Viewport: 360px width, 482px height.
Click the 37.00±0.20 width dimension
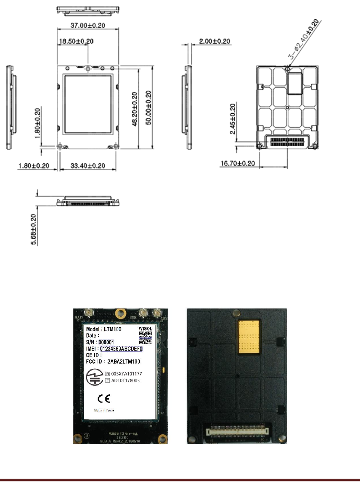click(x=88, y=26)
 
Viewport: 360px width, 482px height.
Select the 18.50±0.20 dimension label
click(x=76, y=41)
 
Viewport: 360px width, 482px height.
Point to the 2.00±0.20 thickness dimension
click(x=215, y=41)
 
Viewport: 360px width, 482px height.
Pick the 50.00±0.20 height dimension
click(x=148, y=108)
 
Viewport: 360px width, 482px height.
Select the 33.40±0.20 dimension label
click(x=88, y=166)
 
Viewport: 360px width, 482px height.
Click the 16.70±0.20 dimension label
click(x=238, y=163)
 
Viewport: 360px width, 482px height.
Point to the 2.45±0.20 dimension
click(x=232, y=119)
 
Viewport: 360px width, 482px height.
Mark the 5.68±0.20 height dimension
click(x=33, y=229)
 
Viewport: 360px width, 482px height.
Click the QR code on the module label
click(x=145, y=337)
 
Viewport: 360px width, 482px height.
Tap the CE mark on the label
click(x=104, y=399)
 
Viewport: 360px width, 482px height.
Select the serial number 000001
click(x=106, y=342)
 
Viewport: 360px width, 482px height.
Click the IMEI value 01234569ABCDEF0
click(x=121, y=349)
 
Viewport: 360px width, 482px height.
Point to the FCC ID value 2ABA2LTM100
click(x=124, y=362)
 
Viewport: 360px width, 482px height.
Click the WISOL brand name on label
click(x=145, y=329)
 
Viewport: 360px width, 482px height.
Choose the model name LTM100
click(x=112, y=329)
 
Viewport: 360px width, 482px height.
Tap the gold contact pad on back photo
click(x=249, y=336)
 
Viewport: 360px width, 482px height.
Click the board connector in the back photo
click(x=236, y=431)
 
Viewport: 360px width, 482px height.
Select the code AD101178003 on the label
click(x=125, y=381)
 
